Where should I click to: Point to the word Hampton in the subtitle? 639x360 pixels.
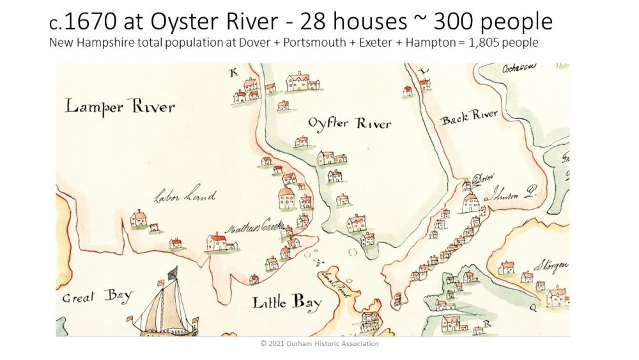tap(405, 43)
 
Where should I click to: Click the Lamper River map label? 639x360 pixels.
tap(119, 106)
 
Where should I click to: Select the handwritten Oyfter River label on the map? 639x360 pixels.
tap(349, 123)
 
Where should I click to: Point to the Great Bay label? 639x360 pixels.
tap(97, 296)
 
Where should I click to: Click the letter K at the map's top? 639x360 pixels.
tap(233, 73)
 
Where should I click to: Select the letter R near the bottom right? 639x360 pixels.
tap(487, 324)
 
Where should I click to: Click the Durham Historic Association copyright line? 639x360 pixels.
tap(319, 344)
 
